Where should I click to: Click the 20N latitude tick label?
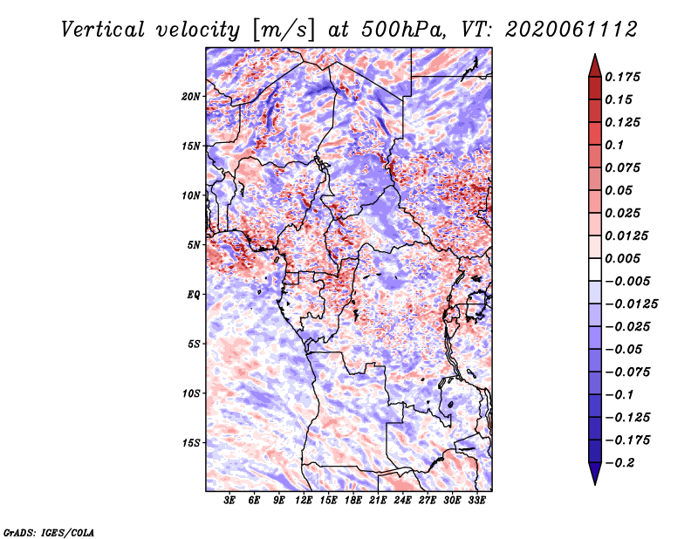click(x=191, y=96)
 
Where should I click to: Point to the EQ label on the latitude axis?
click(x=193, y=295)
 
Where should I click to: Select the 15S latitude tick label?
click(x=191, y=443)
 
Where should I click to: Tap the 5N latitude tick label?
click(x=194, y=245)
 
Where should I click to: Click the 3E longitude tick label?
click(x=230, y=501)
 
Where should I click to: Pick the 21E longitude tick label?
click(x=378, y=501)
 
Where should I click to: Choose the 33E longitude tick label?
click(x=476, y=501)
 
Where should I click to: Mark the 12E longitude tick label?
click(x=304, y=501)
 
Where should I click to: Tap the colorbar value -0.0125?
click(x=632, y=304)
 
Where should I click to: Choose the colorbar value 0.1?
click(x=616, y=145)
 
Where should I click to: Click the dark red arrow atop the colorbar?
click(x=594, y=65)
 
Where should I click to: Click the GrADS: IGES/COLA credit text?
click(x=49, y=531)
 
